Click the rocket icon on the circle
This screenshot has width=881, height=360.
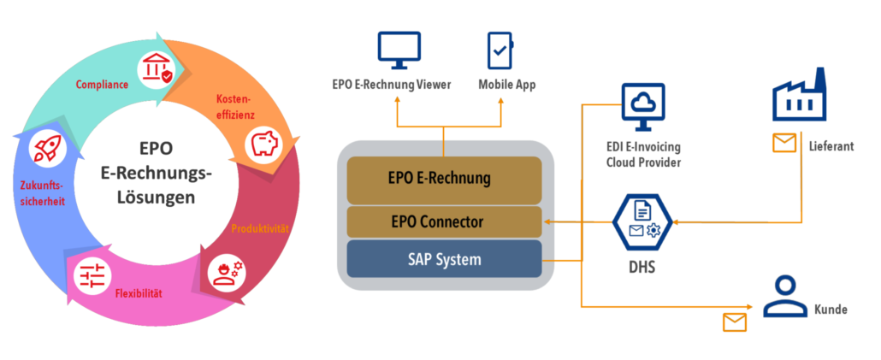click(44, 149)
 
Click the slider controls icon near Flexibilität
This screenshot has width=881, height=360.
click(92, 275)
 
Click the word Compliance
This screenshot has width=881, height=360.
click(102, 85)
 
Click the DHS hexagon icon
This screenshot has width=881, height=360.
click(642, 222)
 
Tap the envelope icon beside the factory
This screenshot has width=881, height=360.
click(783, 144)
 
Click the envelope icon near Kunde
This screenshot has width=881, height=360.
click(734, 322)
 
